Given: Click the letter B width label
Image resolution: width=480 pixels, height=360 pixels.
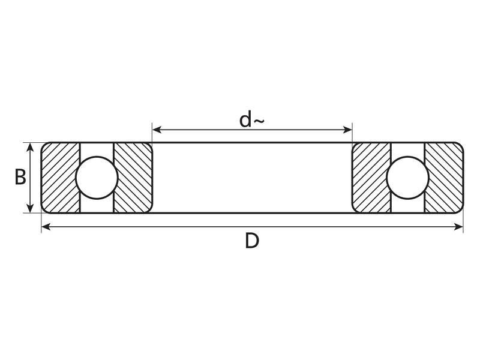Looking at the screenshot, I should [x=20, y=178].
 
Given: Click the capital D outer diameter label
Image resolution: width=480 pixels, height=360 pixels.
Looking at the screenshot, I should [x=252, y=241].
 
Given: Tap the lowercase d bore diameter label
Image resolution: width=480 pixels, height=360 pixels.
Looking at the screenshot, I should [x=245, y=119].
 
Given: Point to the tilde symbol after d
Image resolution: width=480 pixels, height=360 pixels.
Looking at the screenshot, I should [x=259, y=122].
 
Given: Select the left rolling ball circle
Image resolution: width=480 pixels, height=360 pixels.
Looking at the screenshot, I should [x=97, y=178].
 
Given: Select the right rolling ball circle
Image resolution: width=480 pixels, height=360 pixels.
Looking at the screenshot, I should [x=407, y=178].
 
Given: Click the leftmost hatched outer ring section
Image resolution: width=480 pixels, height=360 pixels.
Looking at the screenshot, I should [x=60, y=178].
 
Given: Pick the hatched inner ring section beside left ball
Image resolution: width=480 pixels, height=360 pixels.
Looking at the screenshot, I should [x=133, y=178].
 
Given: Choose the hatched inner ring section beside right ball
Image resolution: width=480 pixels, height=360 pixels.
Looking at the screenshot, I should [x=371, y=178].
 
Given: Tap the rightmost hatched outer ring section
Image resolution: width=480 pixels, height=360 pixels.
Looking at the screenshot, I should [x=444, y=178].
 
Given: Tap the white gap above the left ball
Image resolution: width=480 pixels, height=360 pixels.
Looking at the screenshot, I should [x=97, y=149].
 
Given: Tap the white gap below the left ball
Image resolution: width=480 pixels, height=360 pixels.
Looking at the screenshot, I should [x=97, y=206].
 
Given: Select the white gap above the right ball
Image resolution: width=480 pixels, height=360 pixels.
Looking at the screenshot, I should [x=407, y=149].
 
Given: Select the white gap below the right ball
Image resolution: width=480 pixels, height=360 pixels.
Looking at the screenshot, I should [x=407, y=206].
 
